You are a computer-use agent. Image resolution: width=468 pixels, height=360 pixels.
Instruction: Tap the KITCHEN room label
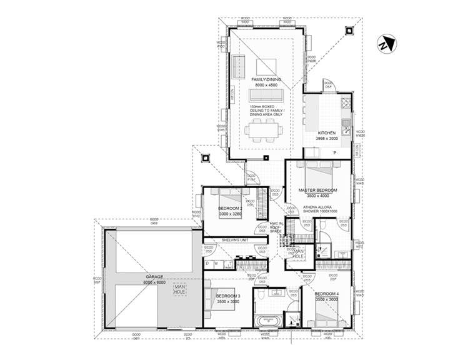click(x=326, y=133)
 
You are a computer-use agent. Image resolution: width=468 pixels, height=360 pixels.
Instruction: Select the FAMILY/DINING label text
click(x=266, y=81)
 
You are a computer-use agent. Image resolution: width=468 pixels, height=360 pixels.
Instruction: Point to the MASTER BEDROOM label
click(x=317, y=190)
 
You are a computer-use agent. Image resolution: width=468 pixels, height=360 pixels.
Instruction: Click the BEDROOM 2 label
click(x=230, y=208)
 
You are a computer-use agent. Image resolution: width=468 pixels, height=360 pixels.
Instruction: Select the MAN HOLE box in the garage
click(x=180, y=289)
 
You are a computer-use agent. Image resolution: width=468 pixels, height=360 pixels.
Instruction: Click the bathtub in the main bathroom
click(x=269, y=322)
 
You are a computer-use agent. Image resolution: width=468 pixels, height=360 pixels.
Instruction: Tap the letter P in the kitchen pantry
click(x=334, y=153)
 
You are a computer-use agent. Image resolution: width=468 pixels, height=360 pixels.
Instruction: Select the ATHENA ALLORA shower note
click(x=318, y=208)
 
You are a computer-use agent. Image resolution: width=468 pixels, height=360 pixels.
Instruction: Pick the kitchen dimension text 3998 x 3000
click(x=326, y=139)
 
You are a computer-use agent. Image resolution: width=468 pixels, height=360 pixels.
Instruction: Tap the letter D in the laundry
click(x=208, y=263)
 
